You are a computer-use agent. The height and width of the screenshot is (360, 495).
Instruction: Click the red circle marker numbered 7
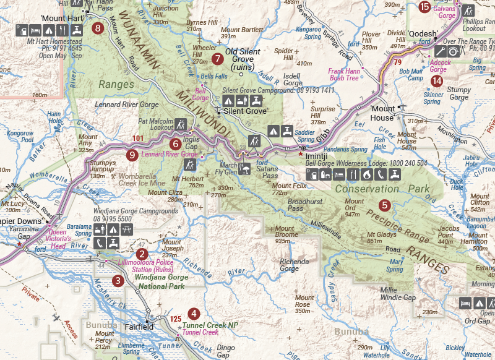tap(217, 59)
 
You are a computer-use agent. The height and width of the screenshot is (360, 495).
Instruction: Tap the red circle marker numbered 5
tap(385, 205)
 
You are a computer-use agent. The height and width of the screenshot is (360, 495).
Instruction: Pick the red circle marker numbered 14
tap(438, 80)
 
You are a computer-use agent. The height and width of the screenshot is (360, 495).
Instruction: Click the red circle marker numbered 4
tap(194, 314)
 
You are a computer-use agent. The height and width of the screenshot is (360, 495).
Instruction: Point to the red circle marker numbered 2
tap(142, 254)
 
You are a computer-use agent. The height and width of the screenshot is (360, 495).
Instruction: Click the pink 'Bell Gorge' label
tap(200, 94)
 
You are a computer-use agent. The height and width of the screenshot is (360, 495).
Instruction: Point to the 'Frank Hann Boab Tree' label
tap(343, 75)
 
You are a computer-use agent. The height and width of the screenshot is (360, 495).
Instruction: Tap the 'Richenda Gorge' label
tap(294, 265)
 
